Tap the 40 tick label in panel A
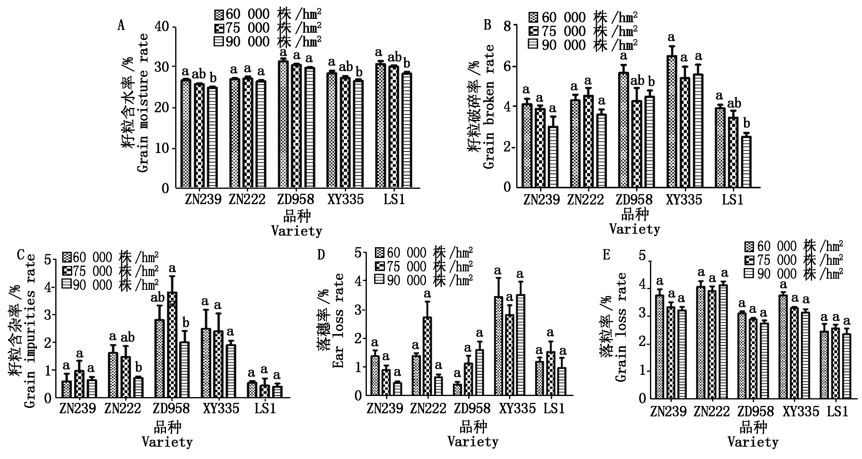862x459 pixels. coord(163,27)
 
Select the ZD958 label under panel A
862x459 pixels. coord(295,199)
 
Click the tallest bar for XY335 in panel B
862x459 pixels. coord(672,121)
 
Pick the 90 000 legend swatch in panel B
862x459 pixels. coord(533,45)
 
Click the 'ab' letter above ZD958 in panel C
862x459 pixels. coord(158,298)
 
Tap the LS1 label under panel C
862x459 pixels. coord(265,408)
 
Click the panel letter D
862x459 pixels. coord(321,254)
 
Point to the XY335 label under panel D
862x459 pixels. coord(517,408)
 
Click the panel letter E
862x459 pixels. coord(607,254)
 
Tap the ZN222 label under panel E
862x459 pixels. coord(711,412)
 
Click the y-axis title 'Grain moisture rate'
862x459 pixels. coord(143,98)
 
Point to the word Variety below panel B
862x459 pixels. coord(635,229)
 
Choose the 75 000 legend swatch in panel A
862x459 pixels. coord(219,28)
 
